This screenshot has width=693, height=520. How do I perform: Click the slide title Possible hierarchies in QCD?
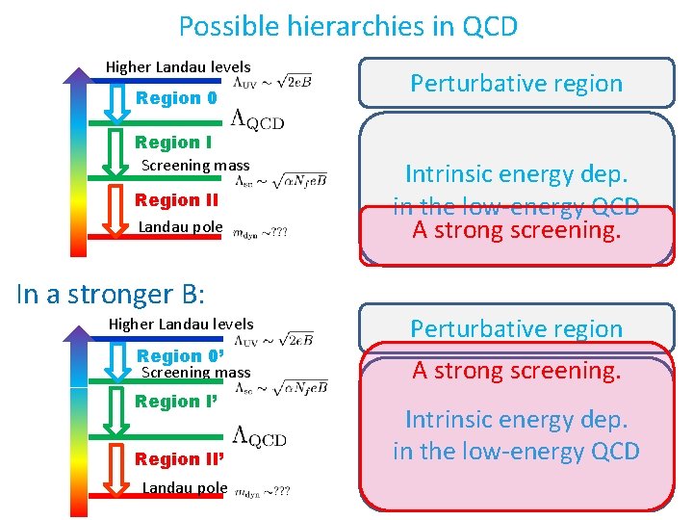(347, 26)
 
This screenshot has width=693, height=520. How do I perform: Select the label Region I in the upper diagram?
(173, 143)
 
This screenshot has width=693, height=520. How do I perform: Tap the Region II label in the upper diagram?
(176, 200)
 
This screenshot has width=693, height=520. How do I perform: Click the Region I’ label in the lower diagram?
(174, 402)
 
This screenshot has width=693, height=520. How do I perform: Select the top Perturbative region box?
(517, 83)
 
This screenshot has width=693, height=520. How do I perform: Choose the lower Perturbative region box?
(517, 328)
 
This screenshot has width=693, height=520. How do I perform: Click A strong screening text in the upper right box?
(517, 230)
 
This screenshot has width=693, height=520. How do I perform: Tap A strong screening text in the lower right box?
(517, 371)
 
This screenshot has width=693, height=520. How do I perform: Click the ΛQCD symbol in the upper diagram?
(258, 119)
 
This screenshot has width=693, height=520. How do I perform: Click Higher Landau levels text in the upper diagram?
(178, 66)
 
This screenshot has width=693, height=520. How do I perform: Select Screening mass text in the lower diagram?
(195, 372)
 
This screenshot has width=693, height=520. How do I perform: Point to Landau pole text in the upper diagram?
(181, 227)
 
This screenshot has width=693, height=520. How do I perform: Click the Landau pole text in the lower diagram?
(184, 487)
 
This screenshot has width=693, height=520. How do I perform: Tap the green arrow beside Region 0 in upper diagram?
(116, 104)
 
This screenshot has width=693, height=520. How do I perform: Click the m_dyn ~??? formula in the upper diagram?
(261, 231)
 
